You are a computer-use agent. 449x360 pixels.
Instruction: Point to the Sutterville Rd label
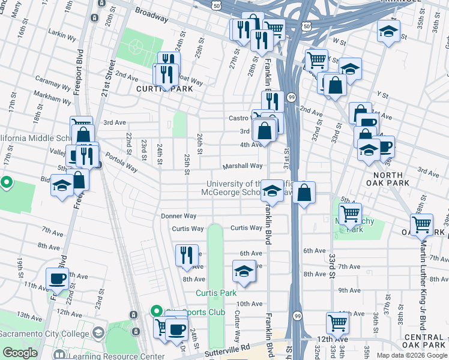221,348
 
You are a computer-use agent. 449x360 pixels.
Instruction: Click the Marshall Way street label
243,166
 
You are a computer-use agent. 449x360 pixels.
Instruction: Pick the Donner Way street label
178,216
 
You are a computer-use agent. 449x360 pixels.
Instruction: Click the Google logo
20,353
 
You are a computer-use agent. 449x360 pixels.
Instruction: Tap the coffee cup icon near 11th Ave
58,278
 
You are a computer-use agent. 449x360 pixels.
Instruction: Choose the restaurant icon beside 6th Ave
187,255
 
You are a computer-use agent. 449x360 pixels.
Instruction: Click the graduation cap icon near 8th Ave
244,271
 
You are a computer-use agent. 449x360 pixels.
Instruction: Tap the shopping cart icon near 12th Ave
338,323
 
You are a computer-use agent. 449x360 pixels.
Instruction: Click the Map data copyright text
412,355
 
